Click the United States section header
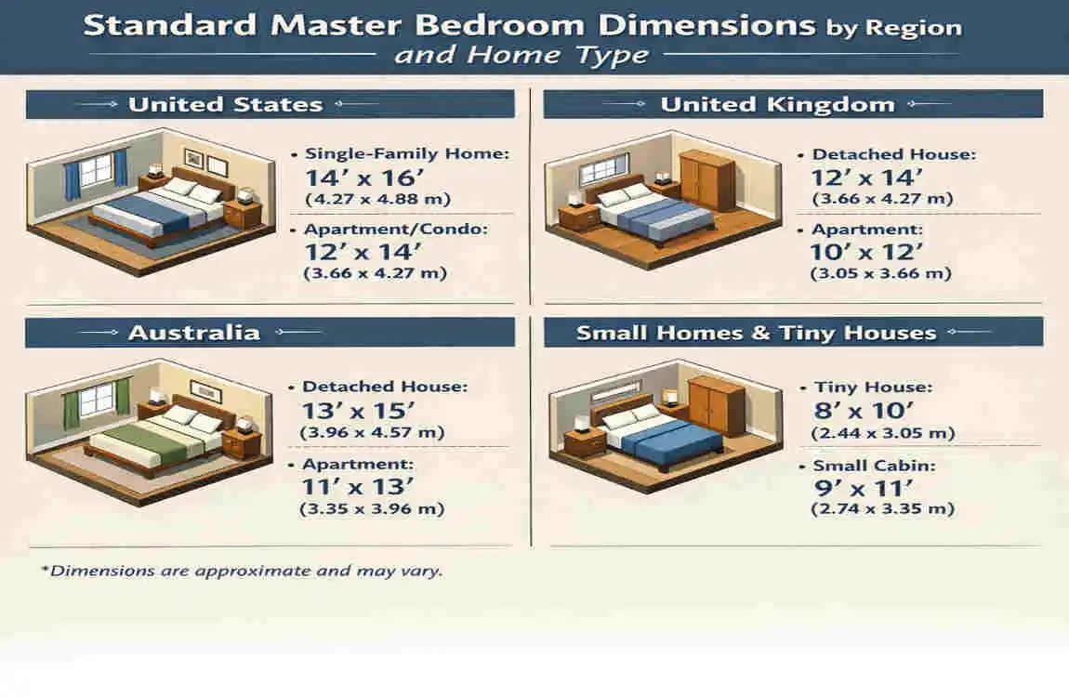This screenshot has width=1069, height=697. pos(225,104)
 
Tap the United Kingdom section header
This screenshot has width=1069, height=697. pos(777,104)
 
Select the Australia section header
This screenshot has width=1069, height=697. pos(194,332)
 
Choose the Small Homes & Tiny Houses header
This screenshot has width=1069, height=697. pos(756,332)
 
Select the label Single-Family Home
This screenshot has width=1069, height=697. pos(406,154)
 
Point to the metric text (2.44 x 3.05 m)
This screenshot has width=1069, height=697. pos(870,433)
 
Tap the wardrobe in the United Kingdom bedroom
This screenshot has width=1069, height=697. pos(705,181)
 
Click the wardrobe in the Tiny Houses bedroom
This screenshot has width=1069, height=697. pos(716,406)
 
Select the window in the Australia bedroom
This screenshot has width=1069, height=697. pos(97,400)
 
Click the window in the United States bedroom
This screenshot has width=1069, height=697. pos(95,173)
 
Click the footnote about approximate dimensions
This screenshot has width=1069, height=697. pos(242,571)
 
